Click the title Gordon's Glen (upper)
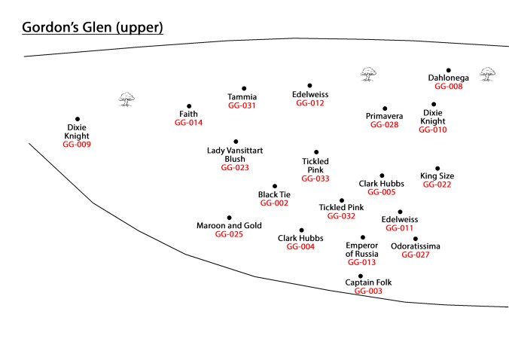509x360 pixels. coord(92,28)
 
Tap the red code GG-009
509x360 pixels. coord(77,144)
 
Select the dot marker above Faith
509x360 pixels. coord(189,106)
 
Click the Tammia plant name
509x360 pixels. coord(242,96)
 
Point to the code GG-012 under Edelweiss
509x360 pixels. coord(309,103)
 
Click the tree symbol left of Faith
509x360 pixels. coord(126,99)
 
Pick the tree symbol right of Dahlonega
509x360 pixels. coord(488,73)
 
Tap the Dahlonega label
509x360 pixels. coord(447,78)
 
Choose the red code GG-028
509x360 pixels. coord(384,124)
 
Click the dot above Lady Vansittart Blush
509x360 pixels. coord(236,142)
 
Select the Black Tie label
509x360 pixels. coord(274,194)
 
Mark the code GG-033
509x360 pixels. coord(315,178)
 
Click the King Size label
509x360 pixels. coord(437,176)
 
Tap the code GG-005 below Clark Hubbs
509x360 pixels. coord(382,192)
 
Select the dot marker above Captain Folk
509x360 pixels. coord(361,276)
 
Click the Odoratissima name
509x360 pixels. coord(416,246)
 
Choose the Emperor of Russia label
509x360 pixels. coord(362,250)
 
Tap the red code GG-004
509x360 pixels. coord(301,246)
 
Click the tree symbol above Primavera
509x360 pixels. coord(367,73)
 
